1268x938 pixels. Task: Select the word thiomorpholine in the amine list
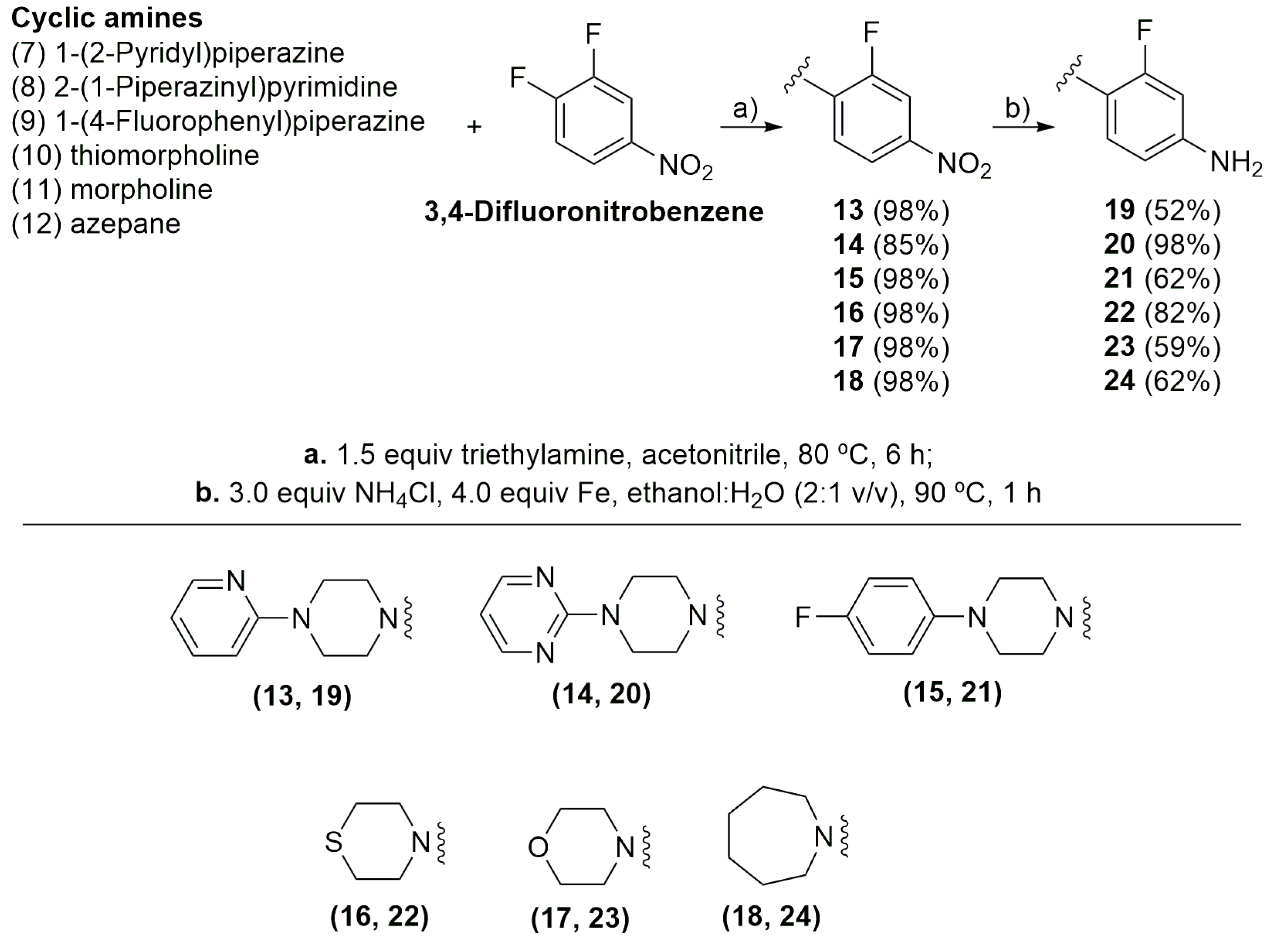[165, 156]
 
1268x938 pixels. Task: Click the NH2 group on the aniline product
[1236, 164]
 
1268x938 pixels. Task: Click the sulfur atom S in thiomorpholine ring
[333, 842]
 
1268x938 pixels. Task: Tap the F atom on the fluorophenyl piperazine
[802, 617]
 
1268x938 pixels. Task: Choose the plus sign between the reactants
[474, 127]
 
